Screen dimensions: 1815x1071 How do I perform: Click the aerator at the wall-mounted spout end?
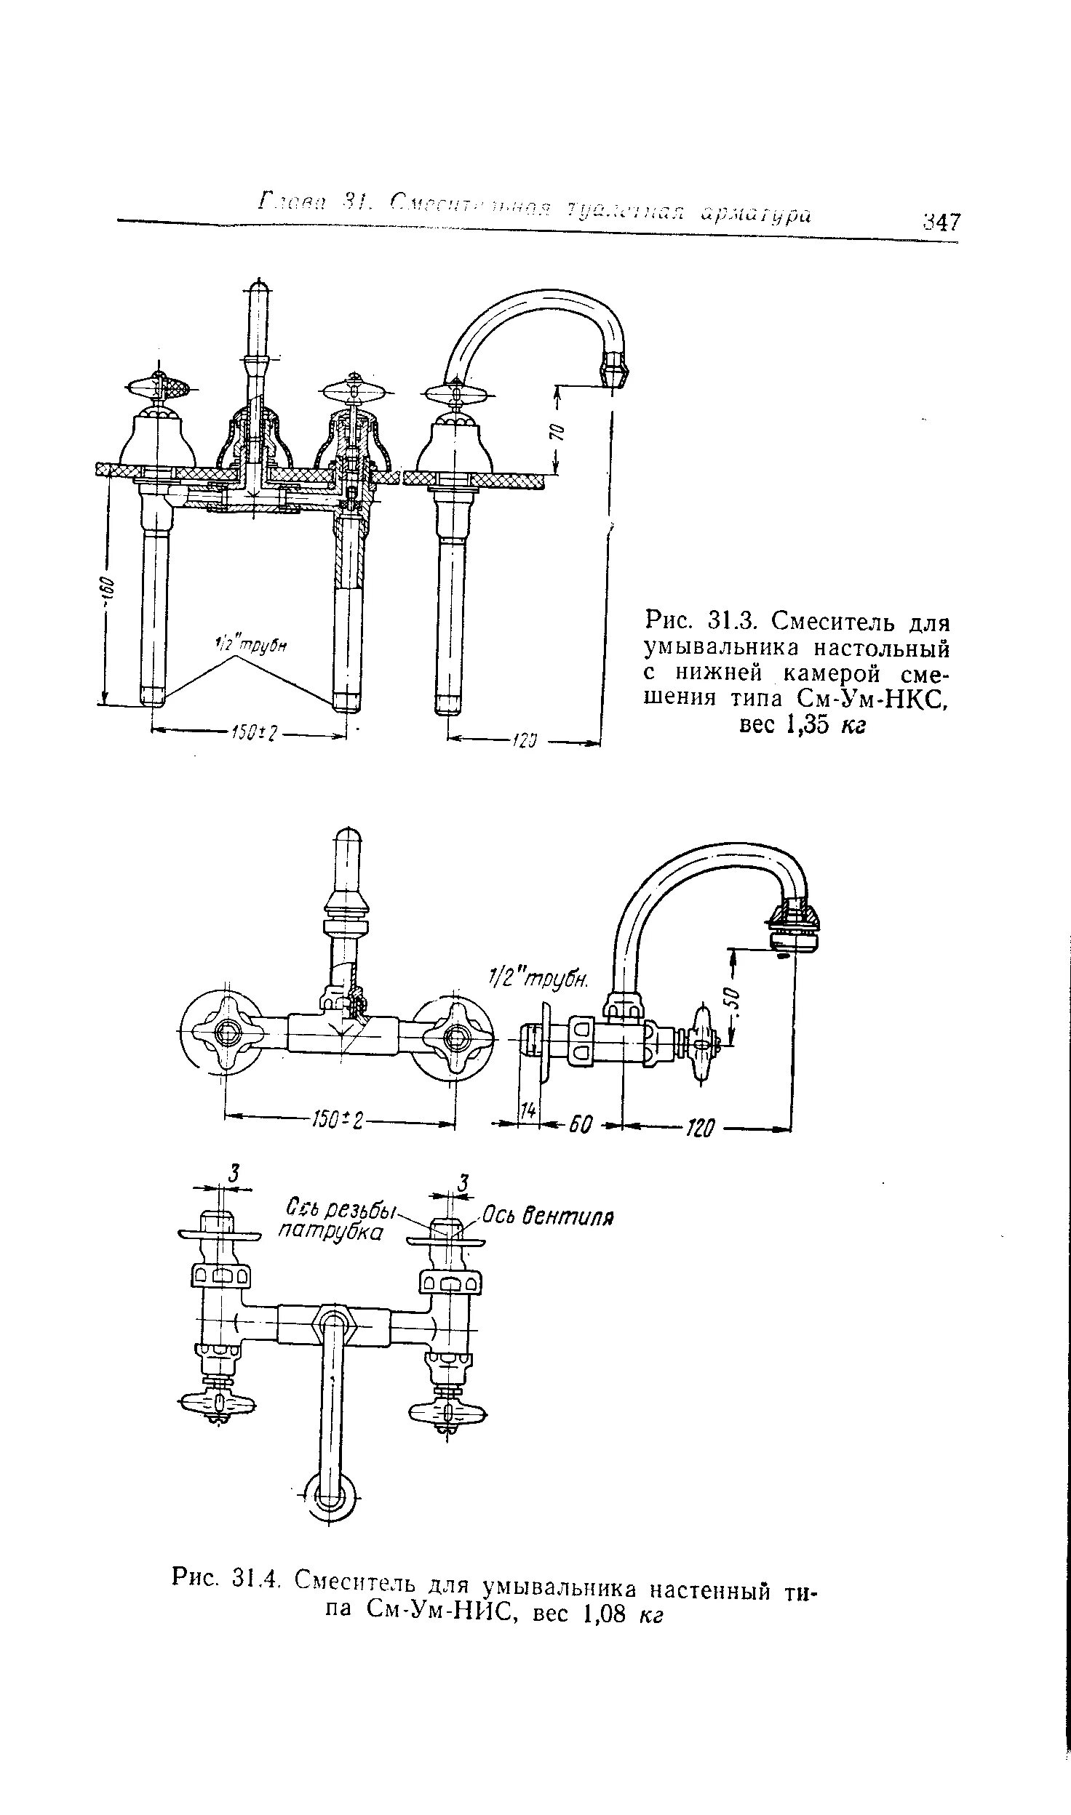click(x=795, y=927)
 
